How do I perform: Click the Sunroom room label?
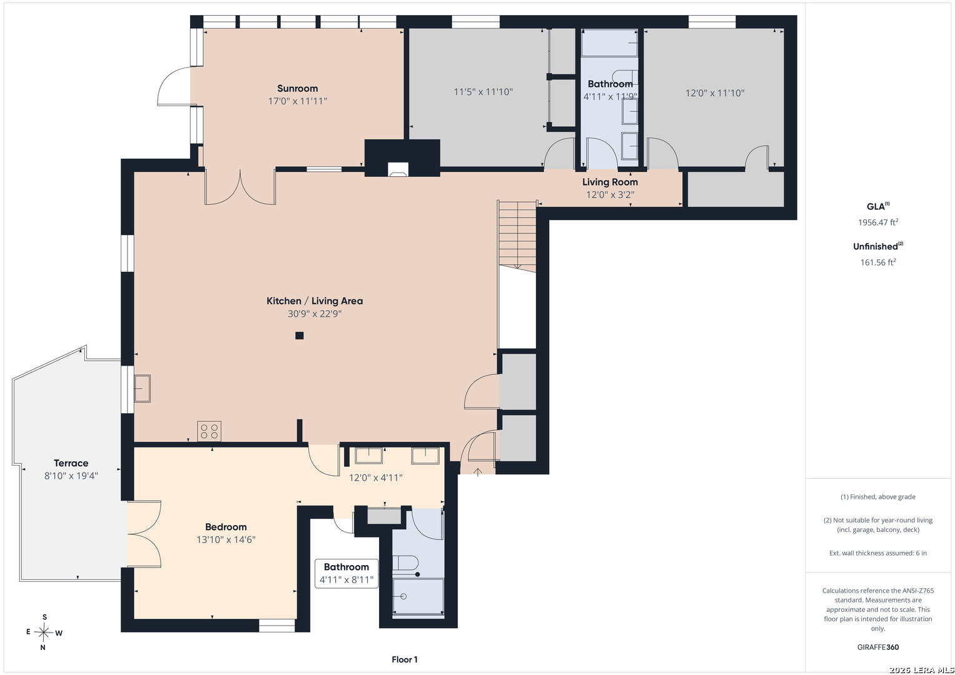(297, 89)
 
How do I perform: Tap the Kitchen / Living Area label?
(315, 301)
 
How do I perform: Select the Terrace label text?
(71, 463)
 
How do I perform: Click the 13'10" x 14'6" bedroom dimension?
(226, 539)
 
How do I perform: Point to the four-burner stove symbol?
(209, 431)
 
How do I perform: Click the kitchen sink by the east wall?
(143, 389)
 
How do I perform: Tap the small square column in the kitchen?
(300, 336)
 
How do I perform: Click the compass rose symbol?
(44, 632)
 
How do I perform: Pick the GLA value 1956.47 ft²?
(878, 222)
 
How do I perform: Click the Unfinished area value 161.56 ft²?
(878, 262)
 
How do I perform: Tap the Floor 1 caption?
(405, 659)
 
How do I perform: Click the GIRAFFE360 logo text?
(878, 647)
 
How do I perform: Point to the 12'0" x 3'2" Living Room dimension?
(610, 195)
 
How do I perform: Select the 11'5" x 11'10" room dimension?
(483, 92)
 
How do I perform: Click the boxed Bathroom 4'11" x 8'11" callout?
(346, 574)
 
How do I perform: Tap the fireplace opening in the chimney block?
(398, 169)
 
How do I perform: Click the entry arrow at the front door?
(478, 472)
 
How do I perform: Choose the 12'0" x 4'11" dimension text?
(376, 477)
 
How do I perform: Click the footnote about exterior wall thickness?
(878, 553)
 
